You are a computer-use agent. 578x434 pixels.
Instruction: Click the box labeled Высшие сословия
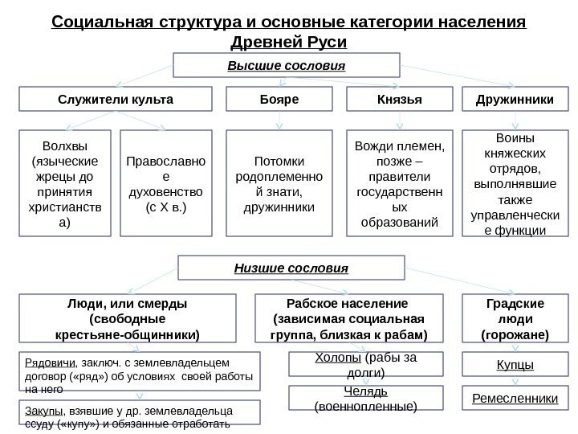click(287, 64)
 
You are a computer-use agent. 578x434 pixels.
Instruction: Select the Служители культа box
click(116, 100)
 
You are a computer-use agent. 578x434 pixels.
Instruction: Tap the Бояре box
click(279, 100)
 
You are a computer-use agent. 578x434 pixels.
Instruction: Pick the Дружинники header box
click(514, 100)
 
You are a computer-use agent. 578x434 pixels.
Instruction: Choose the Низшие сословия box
click(291, 267)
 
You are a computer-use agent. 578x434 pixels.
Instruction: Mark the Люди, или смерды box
click(128, 317)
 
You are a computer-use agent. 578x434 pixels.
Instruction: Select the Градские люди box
click(514, 317)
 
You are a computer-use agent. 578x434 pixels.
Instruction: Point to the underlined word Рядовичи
click(41, 362)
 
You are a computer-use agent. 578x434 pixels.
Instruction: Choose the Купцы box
click(514, 366)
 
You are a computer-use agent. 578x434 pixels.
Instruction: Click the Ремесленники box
click(514, 398)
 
